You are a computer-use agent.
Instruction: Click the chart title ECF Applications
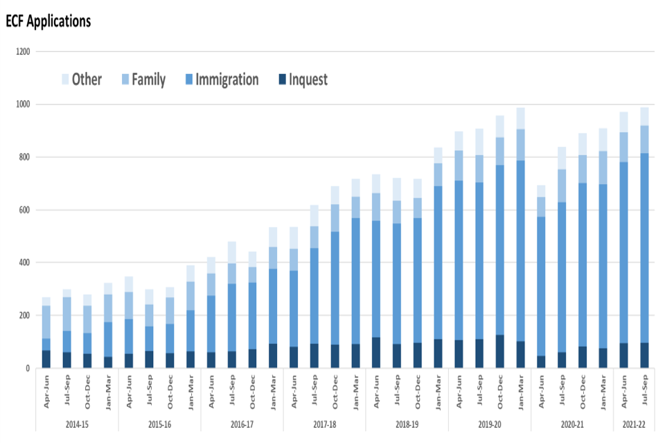coord(48,21)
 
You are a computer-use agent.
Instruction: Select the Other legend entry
coord(82,80)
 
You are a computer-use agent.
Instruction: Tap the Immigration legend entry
coord(220,80)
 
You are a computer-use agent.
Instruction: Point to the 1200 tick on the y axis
coord(23,52)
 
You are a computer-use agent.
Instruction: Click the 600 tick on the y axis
coord(24,210)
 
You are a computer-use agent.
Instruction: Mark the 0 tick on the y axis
coord(28,368)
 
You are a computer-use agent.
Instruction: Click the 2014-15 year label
coord(76,423)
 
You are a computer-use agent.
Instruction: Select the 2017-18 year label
coord(324,423)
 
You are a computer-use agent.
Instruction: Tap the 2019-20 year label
coord(489,423)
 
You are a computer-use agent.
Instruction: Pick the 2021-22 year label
coord(634,423)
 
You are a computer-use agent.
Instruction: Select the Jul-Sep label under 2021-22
coord(645,390)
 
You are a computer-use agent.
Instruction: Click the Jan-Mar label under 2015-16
coord(190,390)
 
